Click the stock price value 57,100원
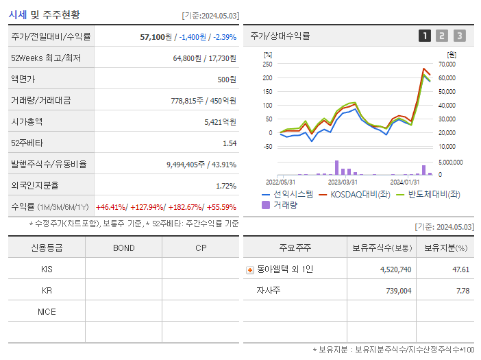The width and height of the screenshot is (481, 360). click(x=157, y=36)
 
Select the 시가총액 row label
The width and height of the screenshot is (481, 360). click(x=27, y=121)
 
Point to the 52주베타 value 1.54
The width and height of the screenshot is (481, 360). click(x=229, y=143)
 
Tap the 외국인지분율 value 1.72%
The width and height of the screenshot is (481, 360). click(x=225, y=185)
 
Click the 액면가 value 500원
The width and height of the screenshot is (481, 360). click(x=226, y=79)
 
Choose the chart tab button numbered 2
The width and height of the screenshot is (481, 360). click(x=442, y=36)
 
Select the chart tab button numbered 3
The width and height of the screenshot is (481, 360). click(x=459, y=36)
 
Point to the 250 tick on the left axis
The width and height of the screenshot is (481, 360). click(x=267, y=64)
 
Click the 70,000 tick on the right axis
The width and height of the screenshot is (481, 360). click(x=447, y=64)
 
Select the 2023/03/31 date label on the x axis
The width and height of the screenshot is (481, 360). click(x=343, y=182)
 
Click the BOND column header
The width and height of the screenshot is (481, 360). click(x=123, y=248)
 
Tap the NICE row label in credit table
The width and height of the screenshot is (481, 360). click(x=47, y=311)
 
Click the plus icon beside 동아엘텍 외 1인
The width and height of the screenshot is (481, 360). click(x=249, y=270)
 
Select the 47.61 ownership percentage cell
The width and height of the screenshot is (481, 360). click(x=460, y=269)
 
